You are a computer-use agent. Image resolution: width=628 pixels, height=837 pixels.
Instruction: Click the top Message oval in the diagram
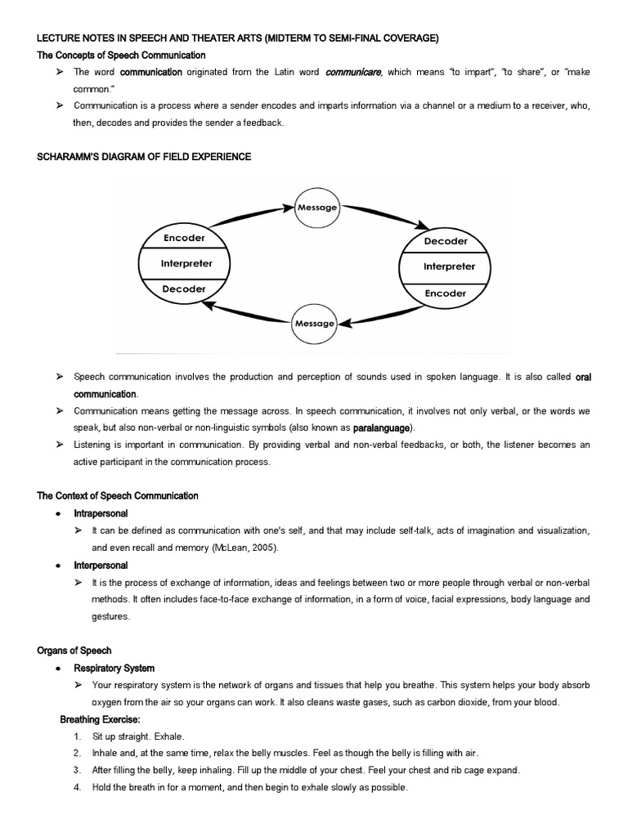pyautogui.click(x=316, y=207)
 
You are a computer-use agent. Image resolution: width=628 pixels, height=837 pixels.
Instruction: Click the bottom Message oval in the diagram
pyautogui.click(x=314, y=323)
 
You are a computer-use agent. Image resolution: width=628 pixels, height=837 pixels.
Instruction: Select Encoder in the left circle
pyautogui.click(x=184, y=238)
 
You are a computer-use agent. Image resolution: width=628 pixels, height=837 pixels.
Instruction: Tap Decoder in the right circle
pyautogui.click(x=446, y=241)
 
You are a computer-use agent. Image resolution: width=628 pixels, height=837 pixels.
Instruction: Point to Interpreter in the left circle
pyautogui.click(x=186, y=263)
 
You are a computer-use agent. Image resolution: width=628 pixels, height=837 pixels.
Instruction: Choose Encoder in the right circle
pyautogui.click(x=446, y=293)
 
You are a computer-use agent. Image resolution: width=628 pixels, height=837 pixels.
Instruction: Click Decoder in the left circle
pyautogui.click(x=184, y=289)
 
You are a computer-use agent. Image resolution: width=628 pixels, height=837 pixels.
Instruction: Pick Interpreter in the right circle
pyautogui.click(x=448, y=266)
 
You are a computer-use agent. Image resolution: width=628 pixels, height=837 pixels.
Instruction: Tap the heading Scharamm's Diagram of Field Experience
pyautogui.click(x=144, y=156)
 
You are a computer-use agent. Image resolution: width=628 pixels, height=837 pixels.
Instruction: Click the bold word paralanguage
pyautogui.click(x=384, y=427)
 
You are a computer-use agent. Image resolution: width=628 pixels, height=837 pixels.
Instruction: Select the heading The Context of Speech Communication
pyautogui.click(x=118, y=496)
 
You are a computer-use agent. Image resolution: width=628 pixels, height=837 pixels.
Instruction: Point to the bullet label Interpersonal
pyautogui.click(x=101, y=565)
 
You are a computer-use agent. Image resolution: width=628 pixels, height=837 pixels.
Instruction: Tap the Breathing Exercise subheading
pyautogui.click(x=100, y=719)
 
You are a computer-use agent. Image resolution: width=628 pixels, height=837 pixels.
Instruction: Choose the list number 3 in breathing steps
pyautogui.click(x=76, y=770)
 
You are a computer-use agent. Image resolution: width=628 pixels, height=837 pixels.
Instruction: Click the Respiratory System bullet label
pyautogui.click(x=114, y=668)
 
